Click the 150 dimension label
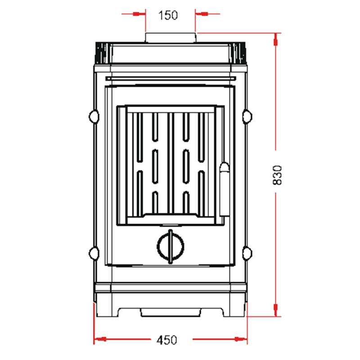click(168, 15)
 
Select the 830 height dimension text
click(277, 175)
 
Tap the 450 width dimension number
click(167, 340)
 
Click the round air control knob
click(171, 246)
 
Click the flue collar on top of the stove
click(171, 38)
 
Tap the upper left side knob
click(94, 117)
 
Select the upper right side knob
click(247, 117)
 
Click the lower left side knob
click(94, 253)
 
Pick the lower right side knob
click(247, 253)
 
